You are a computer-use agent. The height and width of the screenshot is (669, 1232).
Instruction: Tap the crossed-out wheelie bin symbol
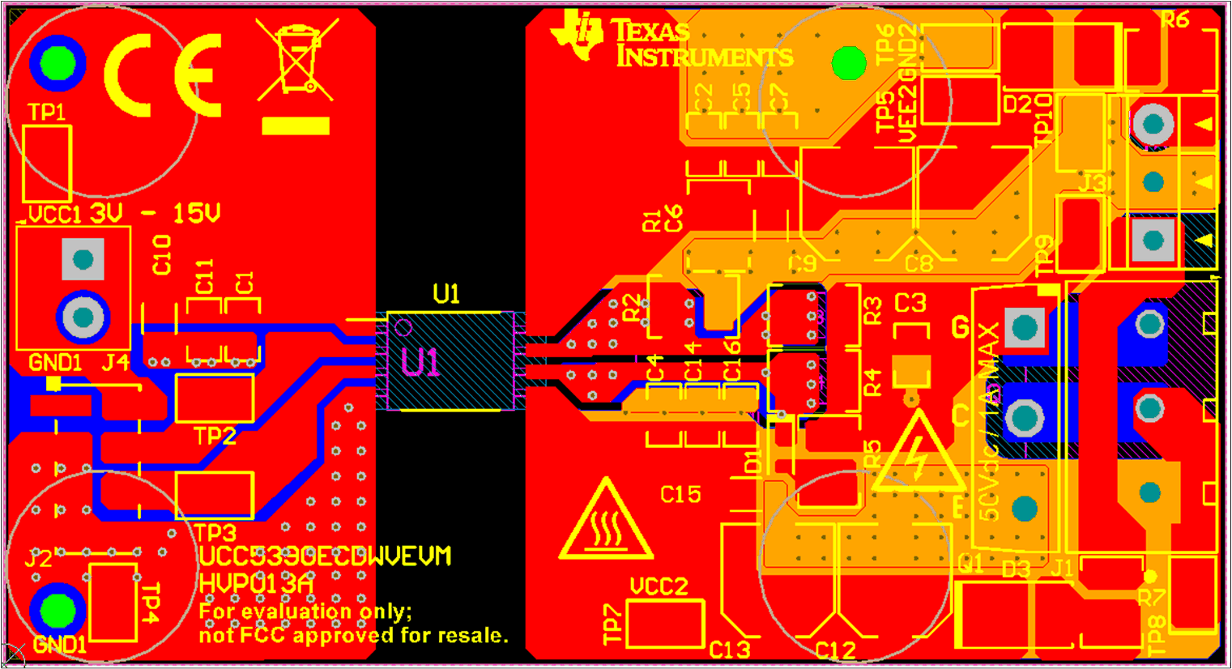pos(296,61)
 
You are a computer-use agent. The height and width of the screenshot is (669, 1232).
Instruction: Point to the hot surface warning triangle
pos(605,522)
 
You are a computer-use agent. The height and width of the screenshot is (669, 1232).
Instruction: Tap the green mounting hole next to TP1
pos(58,63)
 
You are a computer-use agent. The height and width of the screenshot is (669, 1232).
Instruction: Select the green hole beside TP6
pos(848,63)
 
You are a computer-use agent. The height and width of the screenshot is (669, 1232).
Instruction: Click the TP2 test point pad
pos(215,398)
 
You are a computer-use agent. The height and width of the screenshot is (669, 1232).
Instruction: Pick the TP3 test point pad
pos(215,495)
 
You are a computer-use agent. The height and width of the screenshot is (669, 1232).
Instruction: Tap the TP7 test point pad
pos(665,624)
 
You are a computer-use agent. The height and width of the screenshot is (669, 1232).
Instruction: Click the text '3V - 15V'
pos(154,214)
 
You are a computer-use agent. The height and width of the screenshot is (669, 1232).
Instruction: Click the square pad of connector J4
pos(83,260)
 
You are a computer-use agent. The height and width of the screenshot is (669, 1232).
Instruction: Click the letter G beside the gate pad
pos(961,328)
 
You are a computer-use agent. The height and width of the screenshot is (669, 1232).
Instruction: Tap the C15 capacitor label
pos(680,494)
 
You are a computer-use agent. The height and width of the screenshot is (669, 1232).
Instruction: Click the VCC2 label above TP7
pos(659,586)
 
